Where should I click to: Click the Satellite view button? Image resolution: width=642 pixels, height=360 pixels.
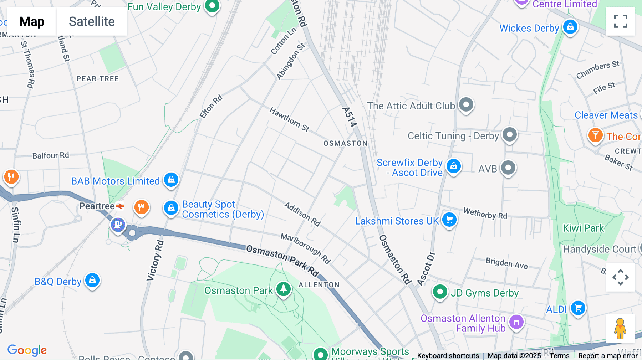coord(92,22)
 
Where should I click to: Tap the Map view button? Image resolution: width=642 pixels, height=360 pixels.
coord(32,22)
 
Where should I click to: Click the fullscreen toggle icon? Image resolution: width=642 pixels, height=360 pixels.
coord(620,21)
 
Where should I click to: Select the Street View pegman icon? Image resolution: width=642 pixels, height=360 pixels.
coord(620,329)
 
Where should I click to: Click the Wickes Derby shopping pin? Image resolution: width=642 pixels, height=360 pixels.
coord(570,27)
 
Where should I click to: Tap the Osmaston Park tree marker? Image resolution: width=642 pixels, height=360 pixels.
coord(284,289)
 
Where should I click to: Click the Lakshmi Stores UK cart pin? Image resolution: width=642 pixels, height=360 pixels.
coord(449,220)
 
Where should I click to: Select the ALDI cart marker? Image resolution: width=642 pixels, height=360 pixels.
coord(578,308)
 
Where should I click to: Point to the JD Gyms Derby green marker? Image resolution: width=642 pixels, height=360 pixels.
coord(440,292)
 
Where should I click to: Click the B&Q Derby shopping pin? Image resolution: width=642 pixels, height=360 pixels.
coord(92,281)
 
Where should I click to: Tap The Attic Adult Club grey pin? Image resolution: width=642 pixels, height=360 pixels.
coord(466,105)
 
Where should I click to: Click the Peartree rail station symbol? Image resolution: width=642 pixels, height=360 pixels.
coord(120,206)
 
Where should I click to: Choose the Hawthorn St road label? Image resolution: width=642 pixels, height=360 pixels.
coord(289,119)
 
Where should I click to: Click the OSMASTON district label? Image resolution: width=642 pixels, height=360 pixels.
coord(345,143)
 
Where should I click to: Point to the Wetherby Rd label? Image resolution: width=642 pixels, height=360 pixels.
coord(485,214)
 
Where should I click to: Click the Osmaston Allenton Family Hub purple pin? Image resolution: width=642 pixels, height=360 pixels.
coord(516,322)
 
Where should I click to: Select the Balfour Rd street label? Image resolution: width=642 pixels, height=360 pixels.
coord(51,155)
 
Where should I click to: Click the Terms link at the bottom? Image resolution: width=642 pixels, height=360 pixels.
coord(559,355)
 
